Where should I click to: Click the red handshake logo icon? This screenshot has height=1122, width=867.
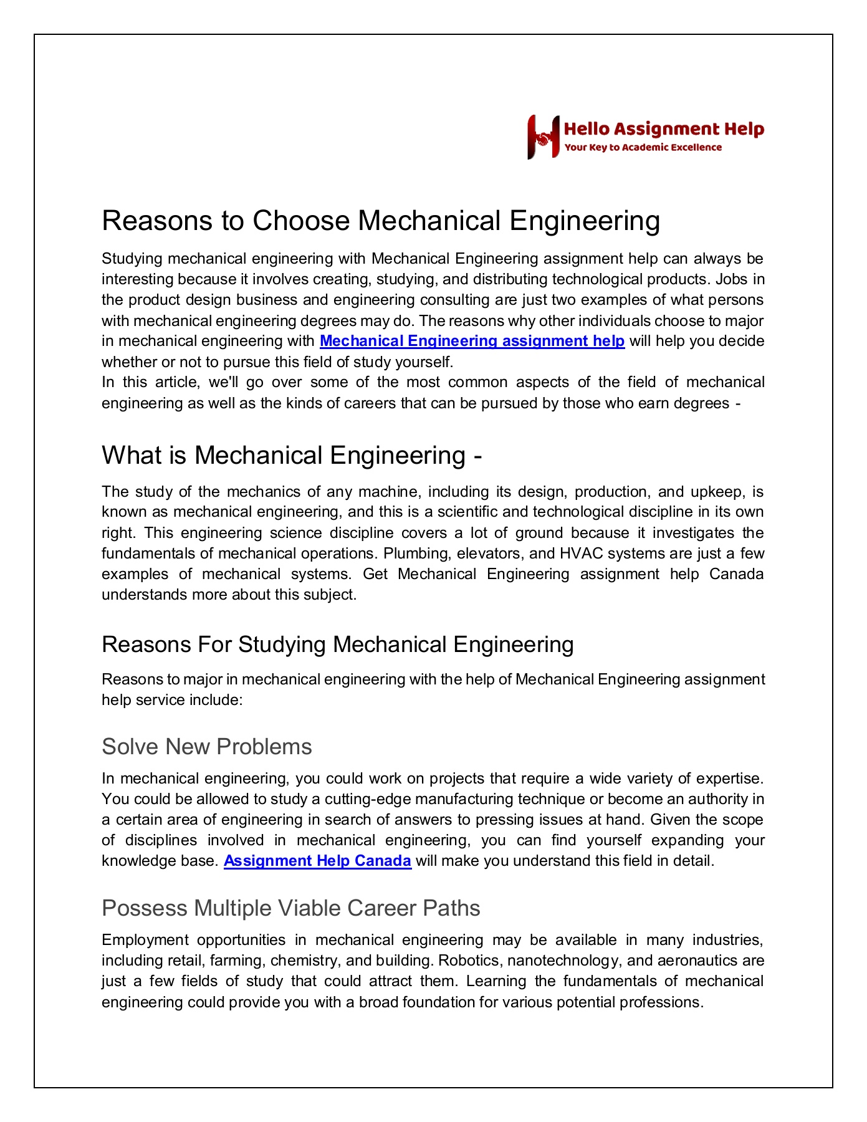543,137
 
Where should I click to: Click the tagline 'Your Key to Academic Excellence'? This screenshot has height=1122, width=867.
643,148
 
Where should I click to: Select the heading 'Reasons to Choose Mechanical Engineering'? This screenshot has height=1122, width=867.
380,221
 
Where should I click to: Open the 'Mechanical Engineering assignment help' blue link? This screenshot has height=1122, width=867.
472,341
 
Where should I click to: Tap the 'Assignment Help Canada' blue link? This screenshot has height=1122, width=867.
317,861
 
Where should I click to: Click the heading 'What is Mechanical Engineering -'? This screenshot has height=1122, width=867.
292,455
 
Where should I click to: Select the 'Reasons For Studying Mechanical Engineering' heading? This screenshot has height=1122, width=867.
337,644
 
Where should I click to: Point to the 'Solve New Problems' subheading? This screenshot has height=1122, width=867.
206,746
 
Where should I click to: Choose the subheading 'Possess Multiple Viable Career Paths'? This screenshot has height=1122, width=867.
290,908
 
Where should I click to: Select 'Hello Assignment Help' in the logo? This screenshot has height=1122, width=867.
664,129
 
